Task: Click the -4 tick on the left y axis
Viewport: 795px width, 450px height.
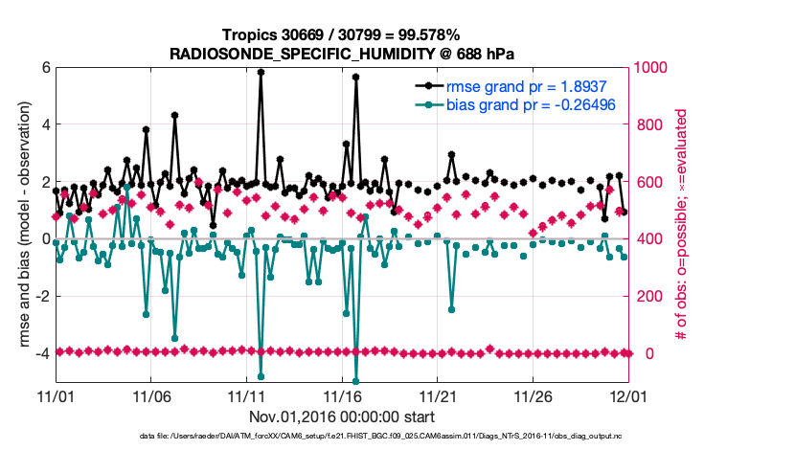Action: (41, 353)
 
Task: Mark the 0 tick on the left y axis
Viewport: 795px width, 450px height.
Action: (44, 238)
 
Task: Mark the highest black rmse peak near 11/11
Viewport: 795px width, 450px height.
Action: (261, 72)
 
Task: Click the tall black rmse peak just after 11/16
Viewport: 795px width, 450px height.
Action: (355, 77)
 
